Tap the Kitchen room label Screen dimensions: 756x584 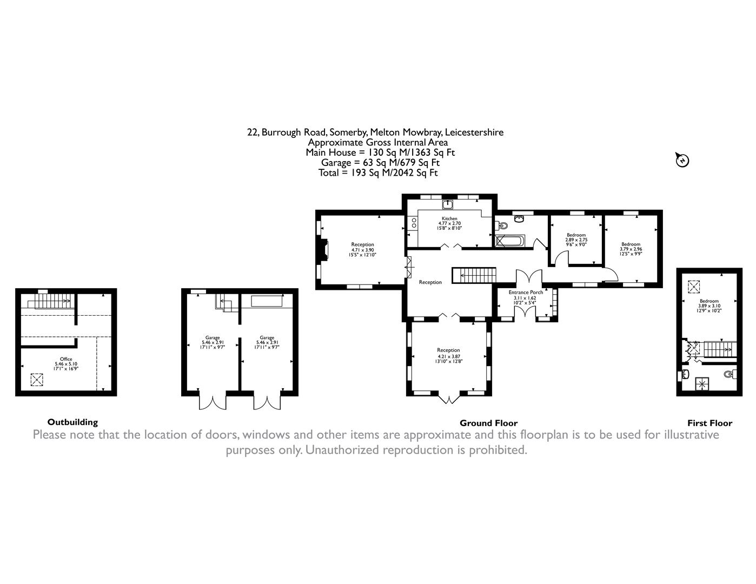pos(449,218)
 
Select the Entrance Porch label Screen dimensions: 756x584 pos(525,292)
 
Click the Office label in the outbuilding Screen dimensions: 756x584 pos(66,359)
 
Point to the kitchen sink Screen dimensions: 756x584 pos(447,204)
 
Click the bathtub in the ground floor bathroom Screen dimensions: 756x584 pos(510,241)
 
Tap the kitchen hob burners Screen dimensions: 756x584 pos(414,223)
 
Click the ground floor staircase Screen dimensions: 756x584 pos(474,275)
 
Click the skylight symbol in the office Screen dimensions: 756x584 pos(37,380)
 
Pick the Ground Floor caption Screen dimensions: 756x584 pos(488,423)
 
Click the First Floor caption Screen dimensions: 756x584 pos(709,423)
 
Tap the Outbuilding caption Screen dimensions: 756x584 pos(72,422)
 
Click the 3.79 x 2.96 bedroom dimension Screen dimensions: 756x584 pos(631,249)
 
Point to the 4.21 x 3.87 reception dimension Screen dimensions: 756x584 pos(448,356)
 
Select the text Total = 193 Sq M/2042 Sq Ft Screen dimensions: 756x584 pos(378,173)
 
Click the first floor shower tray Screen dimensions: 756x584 pos(701,384)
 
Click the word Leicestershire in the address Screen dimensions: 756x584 pos(474,132)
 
